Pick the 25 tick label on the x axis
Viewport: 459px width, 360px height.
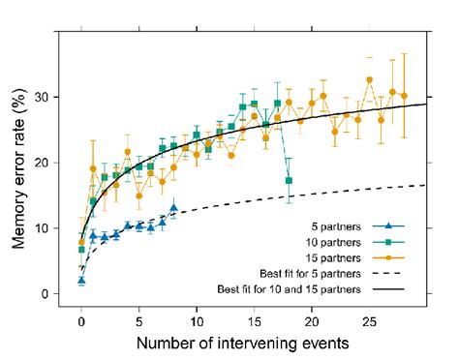pos(369,319)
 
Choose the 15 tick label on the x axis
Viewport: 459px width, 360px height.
pos(254,319)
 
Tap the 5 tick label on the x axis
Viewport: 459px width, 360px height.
pos(138,319)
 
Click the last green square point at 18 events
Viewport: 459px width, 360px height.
pos(289,181)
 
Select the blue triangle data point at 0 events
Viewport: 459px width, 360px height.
pos(81,281)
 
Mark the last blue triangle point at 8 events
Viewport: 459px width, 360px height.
pos(173,208)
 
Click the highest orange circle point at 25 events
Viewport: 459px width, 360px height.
pos(369,80)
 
